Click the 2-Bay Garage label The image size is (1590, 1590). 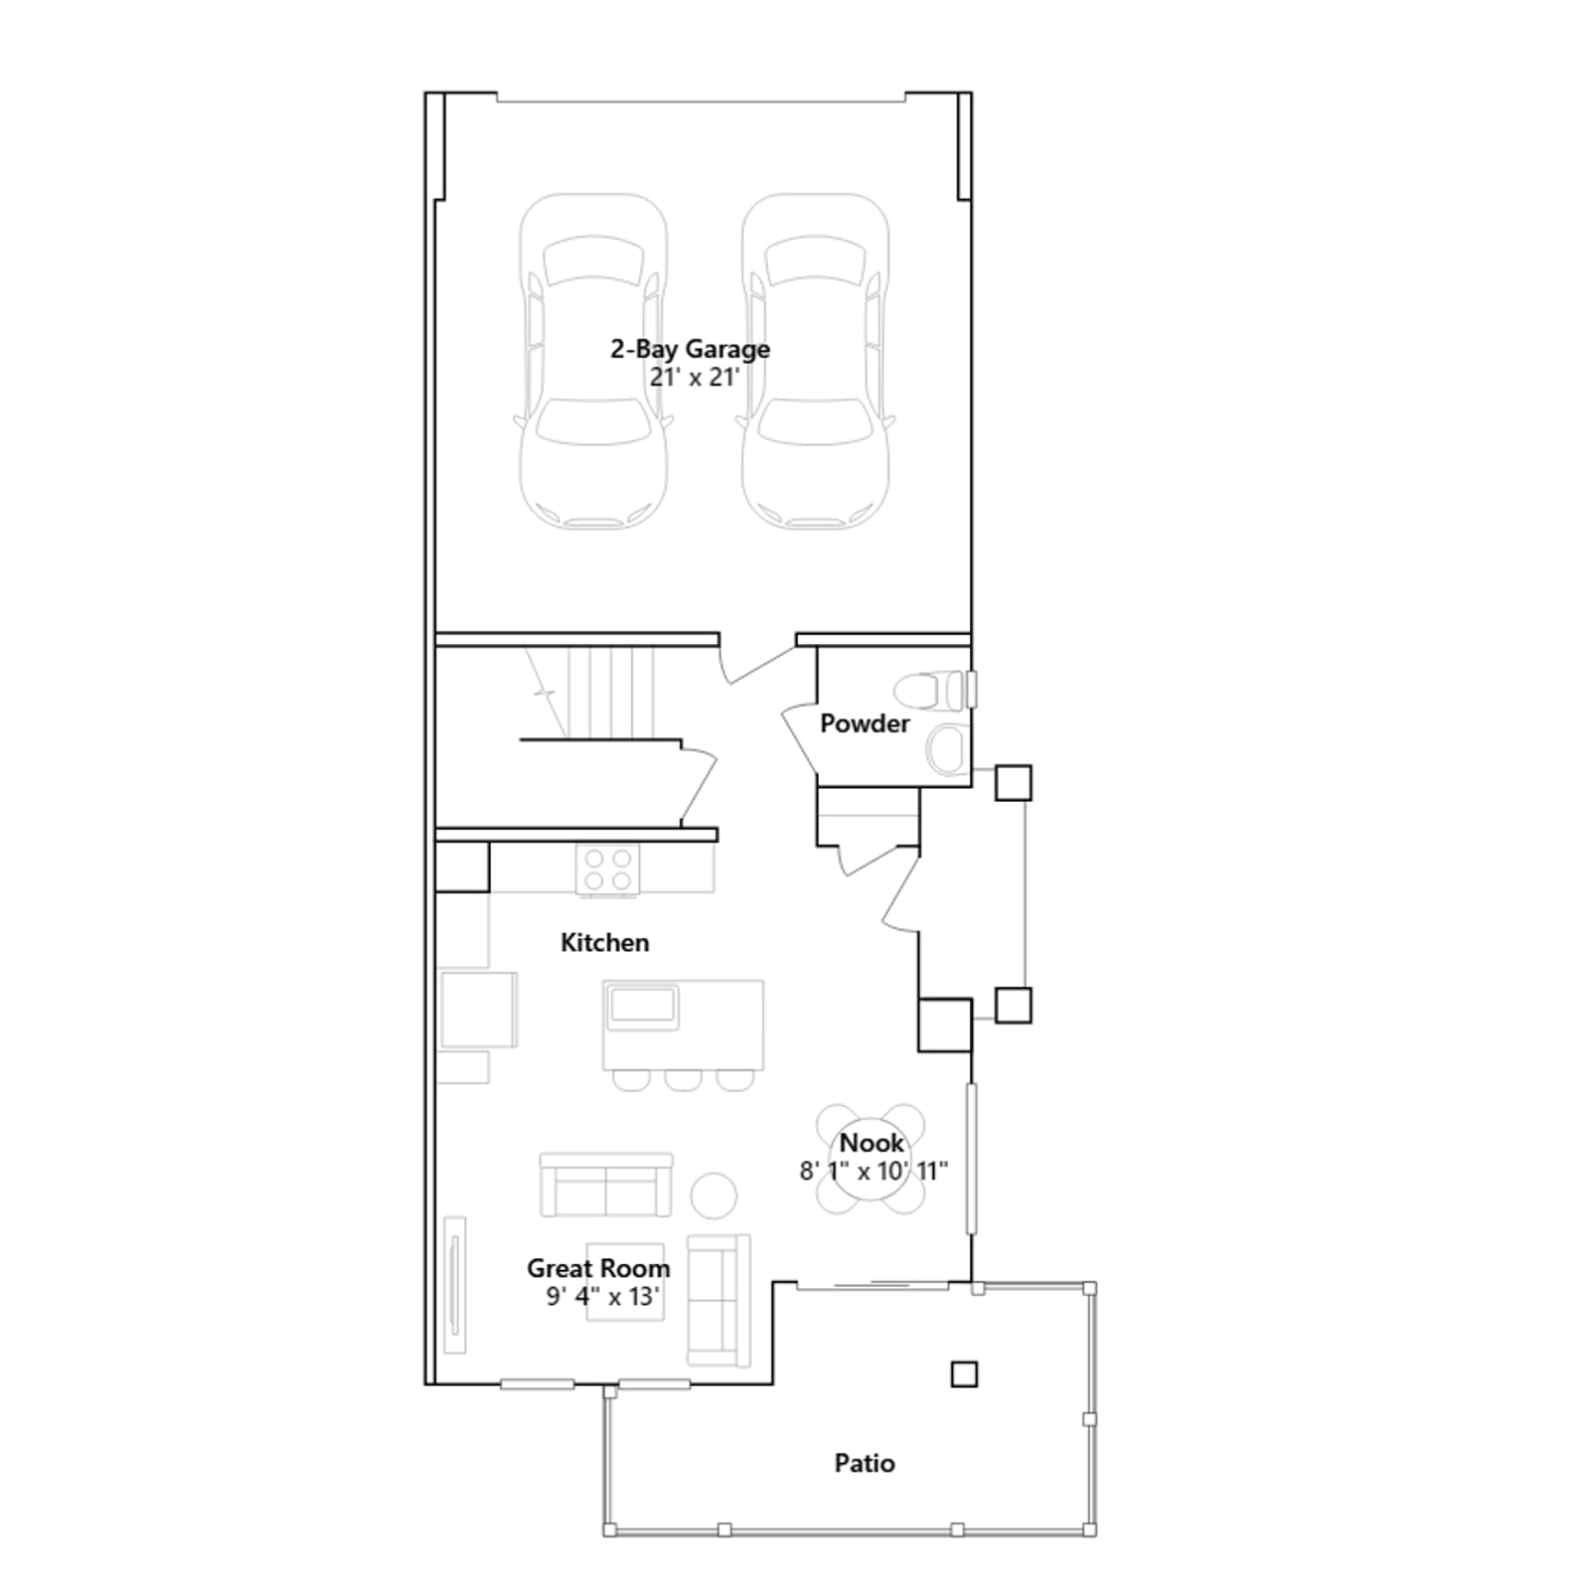690,350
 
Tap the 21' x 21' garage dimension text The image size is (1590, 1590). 695,378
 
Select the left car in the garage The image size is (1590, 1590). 593,361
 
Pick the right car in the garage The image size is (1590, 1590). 815,361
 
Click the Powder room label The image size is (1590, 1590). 865,723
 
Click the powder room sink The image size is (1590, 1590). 946,749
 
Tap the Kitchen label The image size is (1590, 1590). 604,942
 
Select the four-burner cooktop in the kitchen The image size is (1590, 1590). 608,870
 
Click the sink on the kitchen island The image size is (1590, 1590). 643,1006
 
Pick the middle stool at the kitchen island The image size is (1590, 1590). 683,1079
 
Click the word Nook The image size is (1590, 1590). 872,1143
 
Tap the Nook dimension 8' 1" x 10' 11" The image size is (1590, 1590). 874,1171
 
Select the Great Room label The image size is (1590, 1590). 598,1268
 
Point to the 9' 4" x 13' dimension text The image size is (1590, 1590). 602,1296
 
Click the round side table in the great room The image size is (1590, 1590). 714,1195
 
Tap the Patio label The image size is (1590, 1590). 865,1463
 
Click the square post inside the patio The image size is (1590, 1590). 964,1374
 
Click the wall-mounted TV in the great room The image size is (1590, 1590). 455,1284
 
